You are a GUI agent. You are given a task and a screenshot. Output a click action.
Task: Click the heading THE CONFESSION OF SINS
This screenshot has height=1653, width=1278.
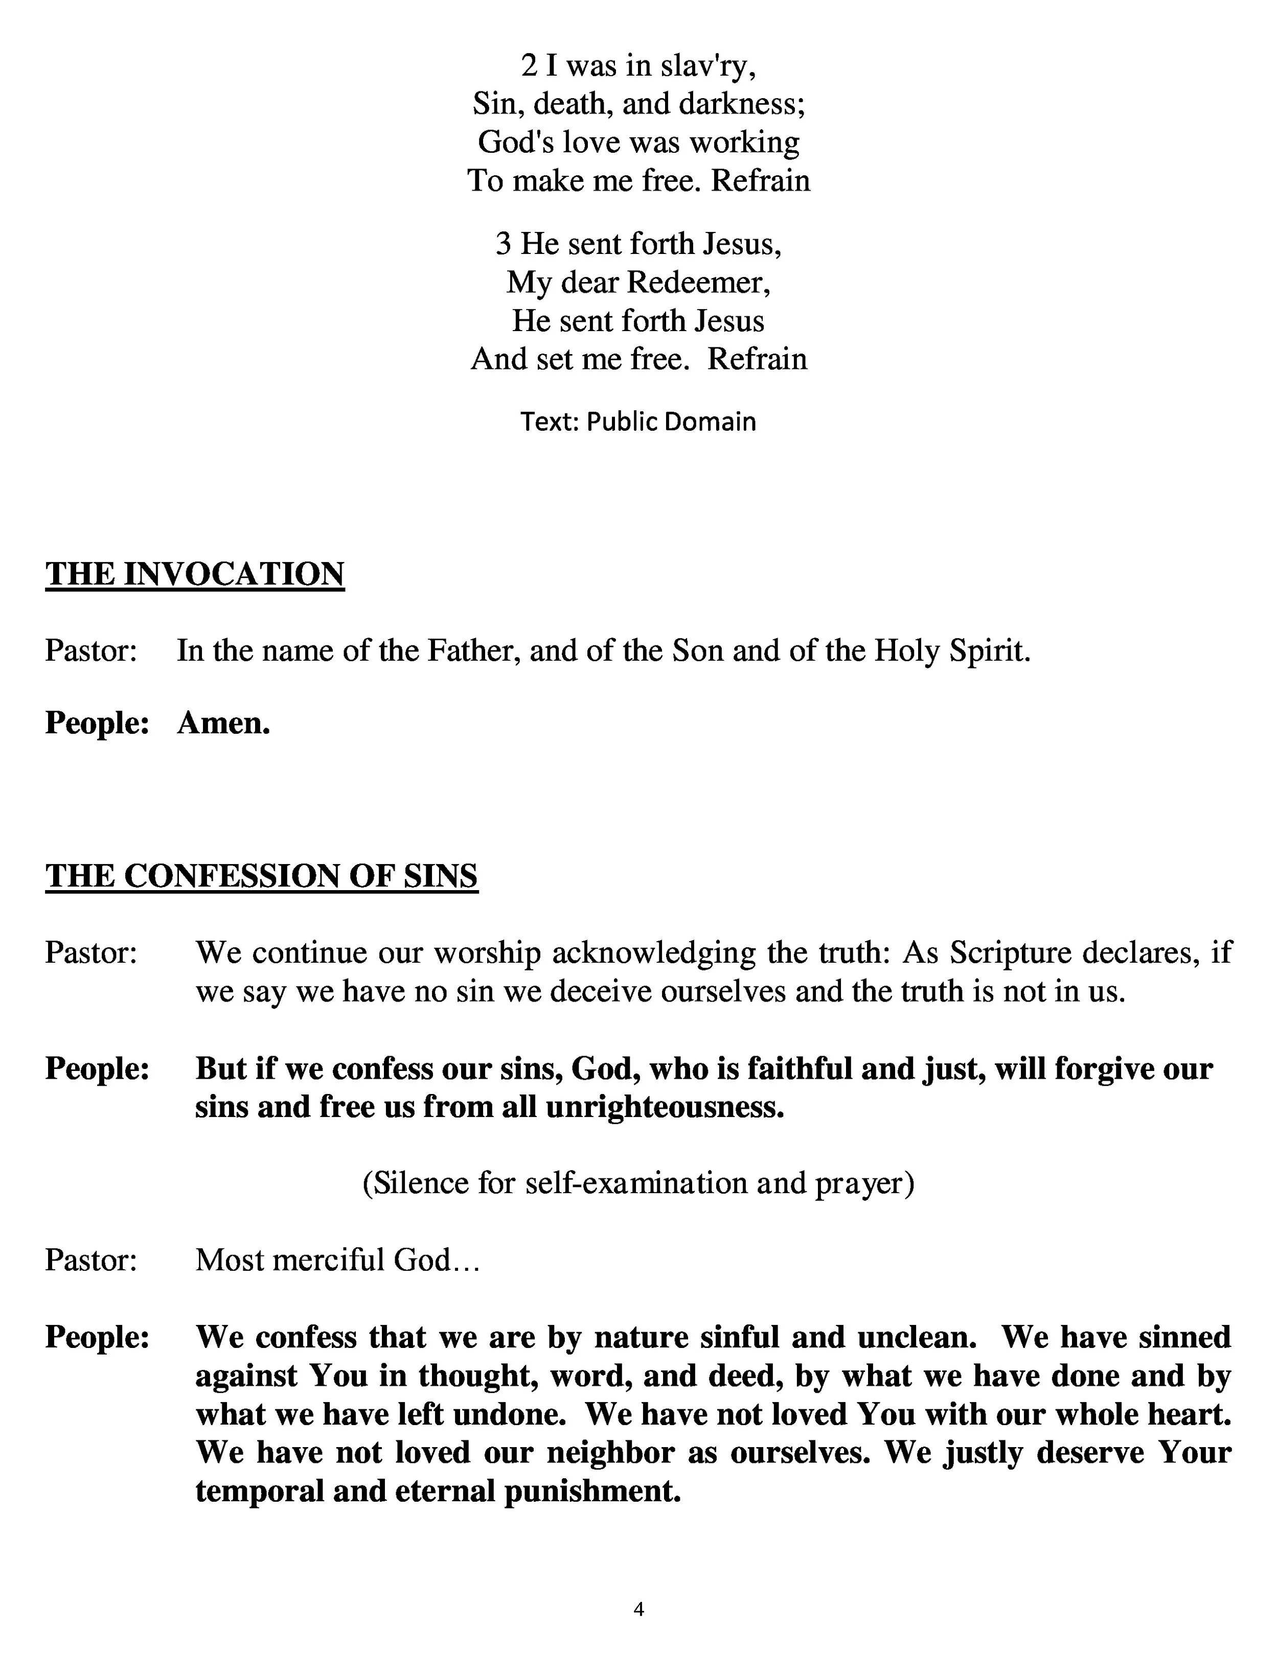click(261, 876)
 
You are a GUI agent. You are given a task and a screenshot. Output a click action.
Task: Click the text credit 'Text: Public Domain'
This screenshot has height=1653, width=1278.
click(638, 422)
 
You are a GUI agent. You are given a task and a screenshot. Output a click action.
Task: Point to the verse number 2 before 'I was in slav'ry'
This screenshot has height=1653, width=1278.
click(529, 66)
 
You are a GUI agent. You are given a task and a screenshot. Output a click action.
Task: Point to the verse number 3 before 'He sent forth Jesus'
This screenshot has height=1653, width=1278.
click(504, 244)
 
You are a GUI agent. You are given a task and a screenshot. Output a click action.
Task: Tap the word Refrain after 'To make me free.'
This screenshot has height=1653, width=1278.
click(760, 180)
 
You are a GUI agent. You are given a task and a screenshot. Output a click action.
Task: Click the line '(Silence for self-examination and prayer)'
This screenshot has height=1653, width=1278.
click(638, 1183)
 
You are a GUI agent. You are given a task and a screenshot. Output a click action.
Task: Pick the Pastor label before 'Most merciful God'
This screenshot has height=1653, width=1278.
click(91, 1260)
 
